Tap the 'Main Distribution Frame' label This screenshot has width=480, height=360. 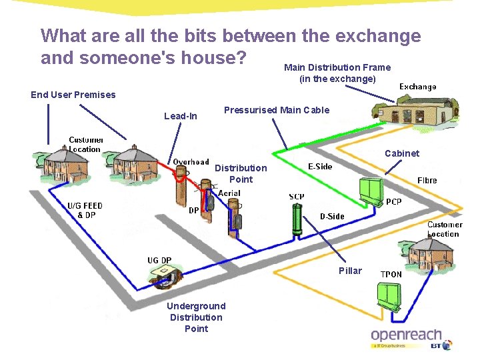pos(337,67)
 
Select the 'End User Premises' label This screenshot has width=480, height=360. pos(73,95)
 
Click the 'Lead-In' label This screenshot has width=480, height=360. pos(181,116)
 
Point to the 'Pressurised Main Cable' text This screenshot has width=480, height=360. pos(277,110)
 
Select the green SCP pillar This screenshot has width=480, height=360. pos(297,220)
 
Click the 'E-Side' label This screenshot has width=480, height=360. pos(320,167)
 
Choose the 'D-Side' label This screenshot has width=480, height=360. pos(332,216)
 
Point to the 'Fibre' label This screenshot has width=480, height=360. pos(427,181)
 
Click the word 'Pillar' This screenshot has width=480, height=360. pos(350,271)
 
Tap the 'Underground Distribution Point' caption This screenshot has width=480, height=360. pos(196,317)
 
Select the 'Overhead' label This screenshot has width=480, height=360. pos(191,162)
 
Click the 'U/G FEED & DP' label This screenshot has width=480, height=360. pos(85,210)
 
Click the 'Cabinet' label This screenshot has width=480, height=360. pos(402,153)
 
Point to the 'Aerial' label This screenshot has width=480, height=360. pos(229,193)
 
